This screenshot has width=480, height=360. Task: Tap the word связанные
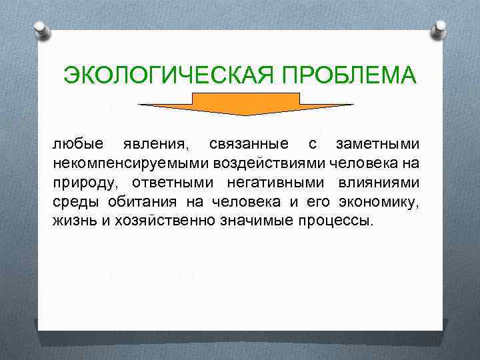(248, 144)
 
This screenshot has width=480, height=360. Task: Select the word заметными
(377, 144)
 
